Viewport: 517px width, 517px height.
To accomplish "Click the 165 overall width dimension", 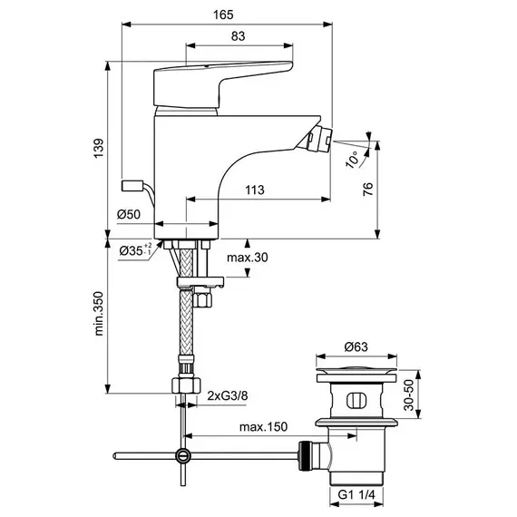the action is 223,15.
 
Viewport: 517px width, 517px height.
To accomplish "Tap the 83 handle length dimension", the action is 238,36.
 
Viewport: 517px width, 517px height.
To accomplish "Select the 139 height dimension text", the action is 99,149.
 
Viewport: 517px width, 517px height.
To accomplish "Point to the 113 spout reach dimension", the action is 255,190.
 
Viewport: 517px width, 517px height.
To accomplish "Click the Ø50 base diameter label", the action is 129,215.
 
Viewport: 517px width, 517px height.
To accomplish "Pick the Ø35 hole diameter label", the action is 135,250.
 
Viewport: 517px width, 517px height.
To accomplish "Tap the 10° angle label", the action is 352,160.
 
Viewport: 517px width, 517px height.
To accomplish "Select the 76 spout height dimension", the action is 368,189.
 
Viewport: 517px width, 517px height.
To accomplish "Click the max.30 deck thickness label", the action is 248,258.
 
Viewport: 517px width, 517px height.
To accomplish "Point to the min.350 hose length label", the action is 99,314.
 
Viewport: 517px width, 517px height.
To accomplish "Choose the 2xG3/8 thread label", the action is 228,395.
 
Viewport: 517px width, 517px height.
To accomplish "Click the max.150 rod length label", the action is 263,427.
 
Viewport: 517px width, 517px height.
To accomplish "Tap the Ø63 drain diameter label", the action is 356,346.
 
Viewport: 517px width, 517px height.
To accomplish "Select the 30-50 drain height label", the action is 409,395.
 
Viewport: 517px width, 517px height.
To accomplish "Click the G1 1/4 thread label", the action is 356,494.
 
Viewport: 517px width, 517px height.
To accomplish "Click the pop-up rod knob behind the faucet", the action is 132,185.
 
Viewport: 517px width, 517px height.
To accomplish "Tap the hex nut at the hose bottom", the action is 186,385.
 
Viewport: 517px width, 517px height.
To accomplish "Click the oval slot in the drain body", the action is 356,401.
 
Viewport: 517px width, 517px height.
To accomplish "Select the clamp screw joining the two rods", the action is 182,455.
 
